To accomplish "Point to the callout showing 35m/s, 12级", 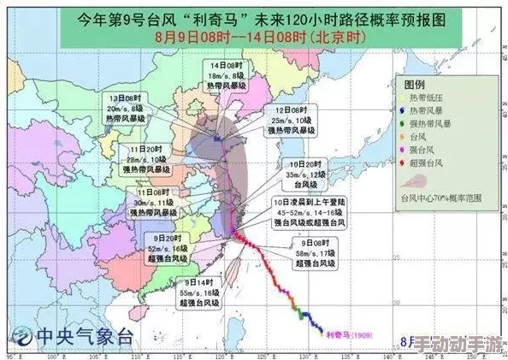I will (305, 174).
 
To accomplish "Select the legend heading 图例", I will (415, 86).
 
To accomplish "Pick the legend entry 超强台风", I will (433, 162).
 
